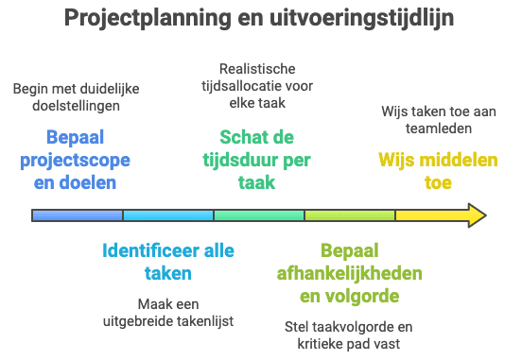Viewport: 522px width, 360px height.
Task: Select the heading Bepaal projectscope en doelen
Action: (x=75, y=159)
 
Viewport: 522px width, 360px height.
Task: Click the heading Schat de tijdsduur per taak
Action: (x=256, y=159)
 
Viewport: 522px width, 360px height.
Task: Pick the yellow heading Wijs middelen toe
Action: (x=438, y=171)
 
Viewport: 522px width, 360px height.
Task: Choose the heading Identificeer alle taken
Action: (x=167, y=262)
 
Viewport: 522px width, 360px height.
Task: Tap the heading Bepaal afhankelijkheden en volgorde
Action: (x=349, y=273)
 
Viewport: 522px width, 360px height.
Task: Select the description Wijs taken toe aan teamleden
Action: (x=438, y=118)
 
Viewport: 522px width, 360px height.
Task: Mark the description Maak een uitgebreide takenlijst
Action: (x=167, y=314)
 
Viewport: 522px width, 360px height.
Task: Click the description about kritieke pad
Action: (x=349, y=335)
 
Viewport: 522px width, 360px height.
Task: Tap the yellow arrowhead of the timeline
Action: (x=472, y=215)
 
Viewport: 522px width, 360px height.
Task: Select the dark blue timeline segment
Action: (x=78, y=215)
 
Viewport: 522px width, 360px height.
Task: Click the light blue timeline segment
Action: (x=168, y=215)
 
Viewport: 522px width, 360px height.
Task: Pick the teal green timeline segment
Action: (x=259, y=215)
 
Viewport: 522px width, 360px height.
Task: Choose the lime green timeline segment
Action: (x=350, y=215)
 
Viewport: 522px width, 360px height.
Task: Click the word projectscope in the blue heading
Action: (x=75, y=159)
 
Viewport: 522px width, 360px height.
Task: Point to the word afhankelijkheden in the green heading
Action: (x=349, y=273)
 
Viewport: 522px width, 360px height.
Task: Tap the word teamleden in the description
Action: (x=438, y=126)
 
